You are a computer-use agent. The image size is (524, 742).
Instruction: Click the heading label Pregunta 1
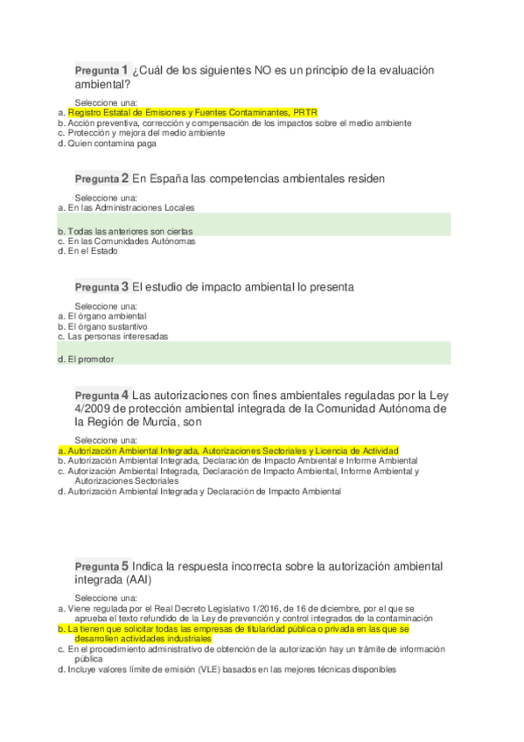pos(101,70)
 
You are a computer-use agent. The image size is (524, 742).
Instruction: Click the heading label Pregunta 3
pos(101,287)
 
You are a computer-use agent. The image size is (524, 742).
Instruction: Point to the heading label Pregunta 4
pos(101,395)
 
